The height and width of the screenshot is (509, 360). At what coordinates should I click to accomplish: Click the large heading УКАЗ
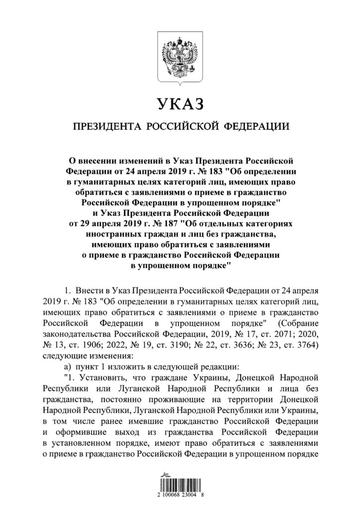click(180, 104)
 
